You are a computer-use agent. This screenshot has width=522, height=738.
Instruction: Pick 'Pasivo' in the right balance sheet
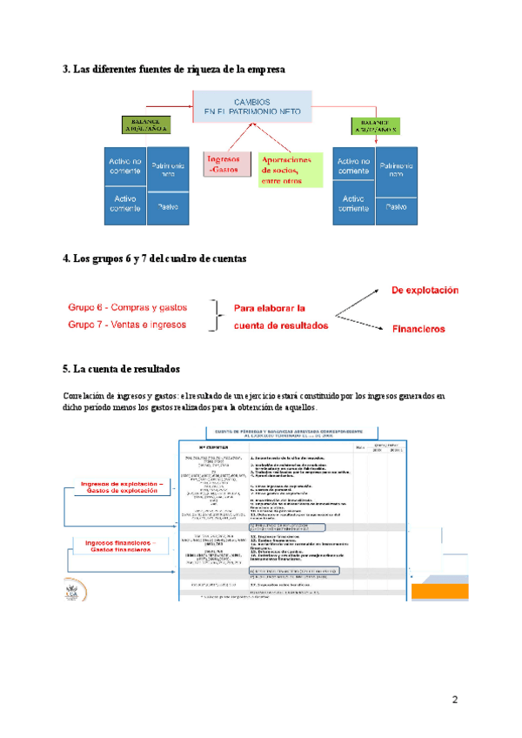397,206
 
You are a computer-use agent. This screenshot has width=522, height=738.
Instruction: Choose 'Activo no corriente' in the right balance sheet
353,167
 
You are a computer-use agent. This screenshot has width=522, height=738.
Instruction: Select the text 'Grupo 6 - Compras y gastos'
128,307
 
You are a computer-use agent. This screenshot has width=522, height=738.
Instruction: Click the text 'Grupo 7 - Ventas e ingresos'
128,325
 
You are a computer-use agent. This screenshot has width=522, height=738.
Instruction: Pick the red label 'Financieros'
418,329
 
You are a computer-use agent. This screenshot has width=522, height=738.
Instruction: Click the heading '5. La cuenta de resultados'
121,368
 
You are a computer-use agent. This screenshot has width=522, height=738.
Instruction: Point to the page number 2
454,701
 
